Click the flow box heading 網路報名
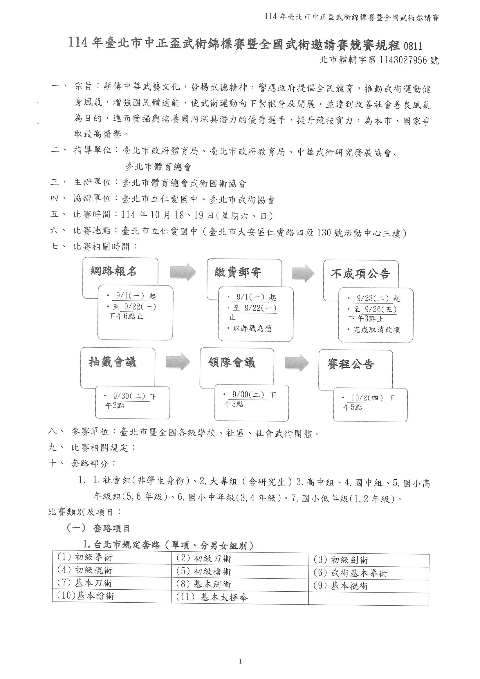coord(113,271)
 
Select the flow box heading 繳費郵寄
coord(238,272)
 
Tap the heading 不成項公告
coord(360,274)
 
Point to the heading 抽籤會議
coord(113,362)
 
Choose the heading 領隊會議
coord(232,362)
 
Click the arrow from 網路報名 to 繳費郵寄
coord(183,272)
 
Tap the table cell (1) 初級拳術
coord(85,557)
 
